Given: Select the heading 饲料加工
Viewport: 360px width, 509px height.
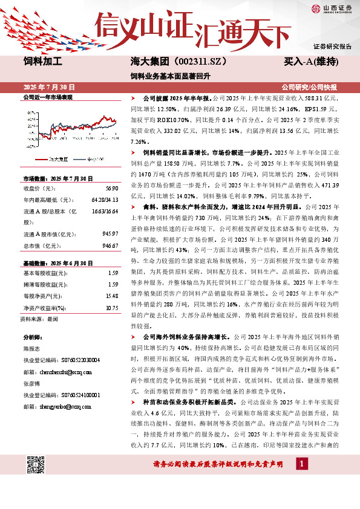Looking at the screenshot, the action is tap(43, 62).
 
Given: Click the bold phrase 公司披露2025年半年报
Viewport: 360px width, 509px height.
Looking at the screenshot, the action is tap(176, 97).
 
